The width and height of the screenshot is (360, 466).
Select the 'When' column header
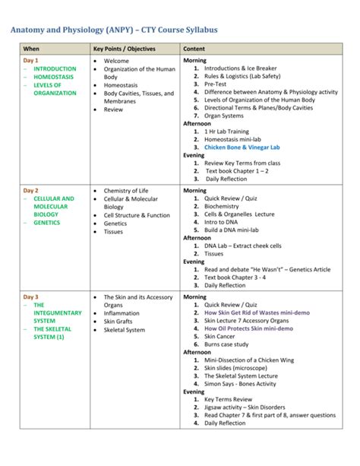(32, 48)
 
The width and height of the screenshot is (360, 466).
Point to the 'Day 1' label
(30, 60)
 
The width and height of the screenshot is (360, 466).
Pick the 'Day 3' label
(30, 296)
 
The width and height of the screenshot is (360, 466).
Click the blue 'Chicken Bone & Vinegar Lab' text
(242, 147)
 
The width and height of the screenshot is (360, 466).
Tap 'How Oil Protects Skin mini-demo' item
(248, 328)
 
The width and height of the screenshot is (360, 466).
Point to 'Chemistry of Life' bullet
(128, 190)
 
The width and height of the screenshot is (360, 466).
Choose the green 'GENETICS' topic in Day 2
(46, 223)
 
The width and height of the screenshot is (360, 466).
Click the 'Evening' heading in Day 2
(194, 262)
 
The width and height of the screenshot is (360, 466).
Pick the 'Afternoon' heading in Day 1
(197, 123)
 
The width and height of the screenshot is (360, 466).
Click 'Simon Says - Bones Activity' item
(245, 384)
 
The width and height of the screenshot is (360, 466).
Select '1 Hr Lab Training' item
(229, 131)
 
